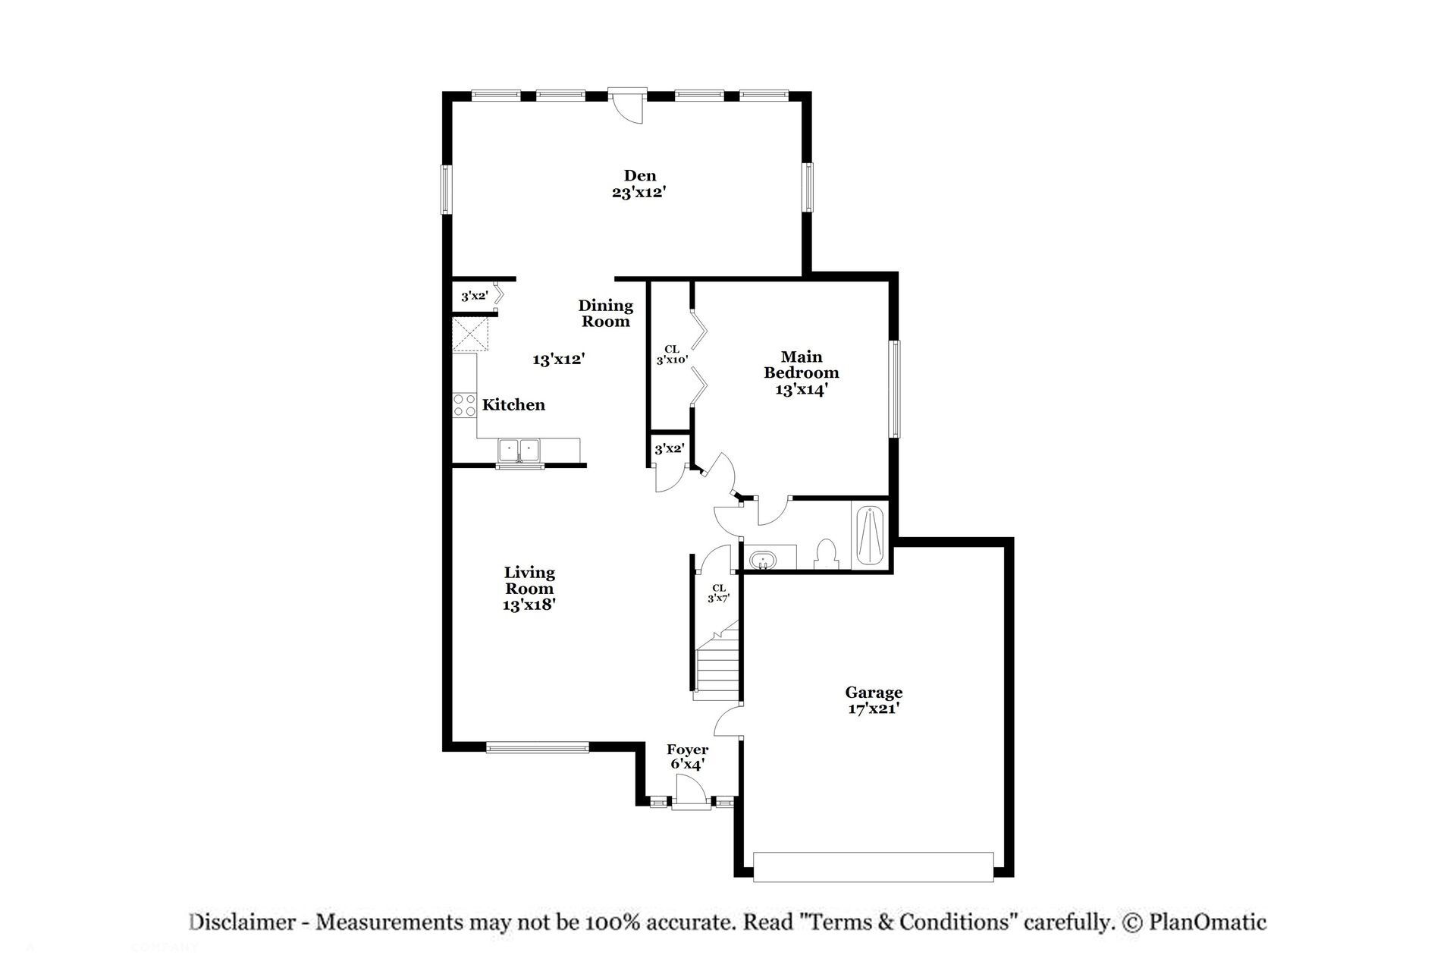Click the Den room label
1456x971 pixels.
coord(639,176)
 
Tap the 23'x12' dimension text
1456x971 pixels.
coord(639,193)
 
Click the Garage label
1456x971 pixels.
coord(874,693)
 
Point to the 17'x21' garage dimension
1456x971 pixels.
coord(874,709)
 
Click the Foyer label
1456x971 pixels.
coord(687,750)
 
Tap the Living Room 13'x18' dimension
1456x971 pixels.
coord(529,605)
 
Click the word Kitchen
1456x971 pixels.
coord(513,405)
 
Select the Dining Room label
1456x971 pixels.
coord(605,313)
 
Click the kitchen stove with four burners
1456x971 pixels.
coord(464,405)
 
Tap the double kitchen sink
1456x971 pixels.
coord(519,450)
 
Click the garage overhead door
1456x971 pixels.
coord(873,866)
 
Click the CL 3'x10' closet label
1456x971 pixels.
coord(671,354)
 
